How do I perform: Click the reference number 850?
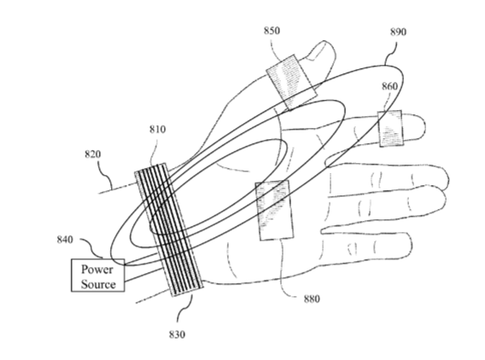272,31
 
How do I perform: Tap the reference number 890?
398,32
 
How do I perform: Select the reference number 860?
389,86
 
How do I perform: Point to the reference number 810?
157,129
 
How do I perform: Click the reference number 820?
93,154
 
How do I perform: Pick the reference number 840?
65,240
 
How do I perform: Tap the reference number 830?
177,334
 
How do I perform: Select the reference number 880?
312,299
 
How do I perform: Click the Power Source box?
98,276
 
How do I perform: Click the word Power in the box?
96,270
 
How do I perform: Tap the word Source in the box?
98,284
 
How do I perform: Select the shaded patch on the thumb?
292,82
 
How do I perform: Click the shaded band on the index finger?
391,128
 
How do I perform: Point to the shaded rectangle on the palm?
274,211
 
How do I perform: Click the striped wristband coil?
169,229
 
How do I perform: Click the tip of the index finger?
424,126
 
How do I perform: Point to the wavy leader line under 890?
391,53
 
